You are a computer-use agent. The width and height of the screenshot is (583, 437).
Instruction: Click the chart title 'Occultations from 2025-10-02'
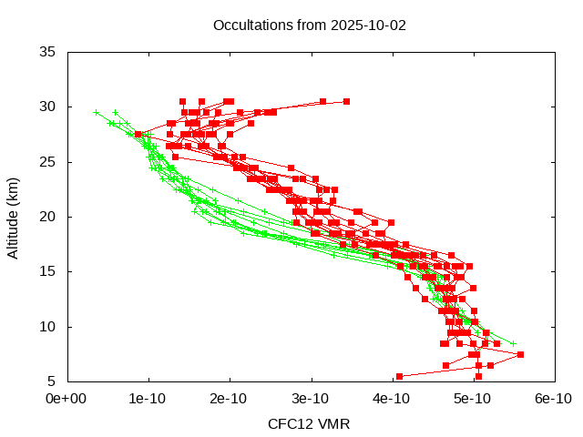(309, 25)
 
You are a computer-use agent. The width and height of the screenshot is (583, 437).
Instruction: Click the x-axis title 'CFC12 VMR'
(309, 423)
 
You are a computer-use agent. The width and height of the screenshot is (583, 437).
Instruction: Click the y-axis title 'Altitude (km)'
(13, 217)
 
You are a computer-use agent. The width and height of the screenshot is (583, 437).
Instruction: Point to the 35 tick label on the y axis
(48, 52)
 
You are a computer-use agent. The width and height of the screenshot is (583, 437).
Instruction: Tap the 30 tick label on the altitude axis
(48, 107)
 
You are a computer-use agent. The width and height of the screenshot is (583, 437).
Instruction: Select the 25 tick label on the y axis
(48, 162)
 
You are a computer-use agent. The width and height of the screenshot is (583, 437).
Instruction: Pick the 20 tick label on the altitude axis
(48, 217)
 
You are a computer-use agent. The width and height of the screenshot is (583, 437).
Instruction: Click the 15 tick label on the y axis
(48, 271)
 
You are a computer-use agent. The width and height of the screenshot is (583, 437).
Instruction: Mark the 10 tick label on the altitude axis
(48, 326)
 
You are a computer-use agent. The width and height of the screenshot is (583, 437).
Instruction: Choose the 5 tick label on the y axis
(52, 381)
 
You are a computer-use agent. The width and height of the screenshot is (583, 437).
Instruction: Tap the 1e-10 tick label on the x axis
(148, 399)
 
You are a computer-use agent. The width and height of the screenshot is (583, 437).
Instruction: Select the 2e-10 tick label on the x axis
(230, 399)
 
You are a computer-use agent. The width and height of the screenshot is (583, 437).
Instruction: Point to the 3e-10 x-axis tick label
(311, 399)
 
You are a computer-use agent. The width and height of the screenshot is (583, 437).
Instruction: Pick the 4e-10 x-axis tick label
(392, 399)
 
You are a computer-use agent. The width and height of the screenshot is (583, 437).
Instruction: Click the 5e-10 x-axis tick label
(473, 399)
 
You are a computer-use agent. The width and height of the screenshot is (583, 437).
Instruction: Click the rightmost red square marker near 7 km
(520, 354)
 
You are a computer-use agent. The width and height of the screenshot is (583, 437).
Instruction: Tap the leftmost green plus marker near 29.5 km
(97, 112)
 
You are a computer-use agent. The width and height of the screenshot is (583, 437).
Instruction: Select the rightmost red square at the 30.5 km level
(346, 101)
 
